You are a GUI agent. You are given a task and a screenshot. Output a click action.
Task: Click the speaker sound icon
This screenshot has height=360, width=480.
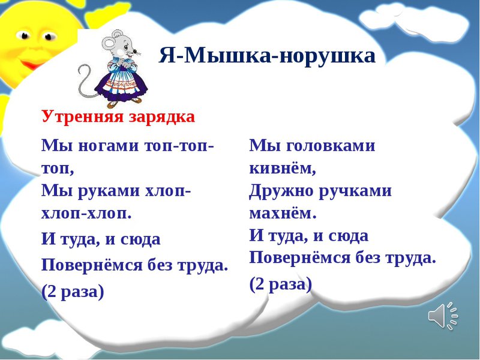(443, 316)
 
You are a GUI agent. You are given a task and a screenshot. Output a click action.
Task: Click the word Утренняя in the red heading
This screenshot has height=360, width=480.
(82, 116)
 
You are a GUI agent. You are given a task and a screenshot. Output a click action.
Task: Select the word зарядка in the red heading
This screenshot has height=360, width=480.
(161, 117)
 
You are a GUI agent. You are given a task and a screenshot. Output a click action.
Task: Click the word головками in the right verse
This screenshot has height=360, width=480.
(331, 145)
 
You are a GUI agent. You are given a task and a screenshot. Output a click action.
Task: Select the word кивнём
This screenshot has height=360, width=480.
(283, 167)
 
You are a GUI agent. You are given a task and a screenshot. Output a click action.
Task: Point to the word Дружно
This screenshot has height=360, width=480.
(281, 190)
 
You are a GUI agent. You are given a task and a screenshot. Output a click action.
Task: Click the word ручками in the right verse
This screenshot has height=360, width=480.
(355, 190)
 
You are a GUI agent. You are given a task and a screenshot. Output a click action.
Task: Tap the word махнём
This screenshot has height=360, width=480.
(283, 212)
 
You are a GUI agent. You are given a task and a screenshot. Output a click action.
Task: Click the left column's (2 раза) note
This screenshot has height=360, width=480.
(73, 291)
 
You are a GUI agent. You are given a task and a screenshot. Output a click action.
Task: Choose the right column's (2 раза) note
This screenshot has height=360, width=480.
(281, 284)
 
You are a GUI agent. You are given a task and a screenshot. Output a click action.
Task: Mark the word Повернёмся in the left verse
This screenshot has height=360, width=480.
(92, 265)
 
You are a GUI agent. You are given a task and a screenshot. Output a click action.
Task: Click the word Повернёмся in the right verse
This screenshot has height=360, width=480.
(299, 257)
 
